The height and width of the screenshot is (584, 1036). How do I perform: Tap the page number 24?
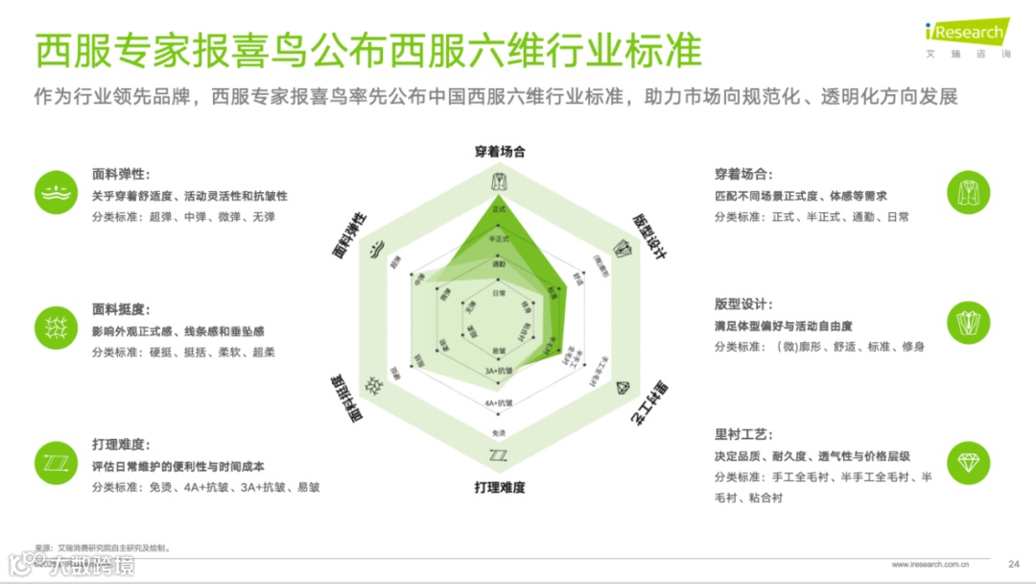(x=1013, y=563)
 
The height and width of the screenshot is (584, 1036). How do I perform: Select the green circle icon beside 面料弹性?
(x=56, y=192)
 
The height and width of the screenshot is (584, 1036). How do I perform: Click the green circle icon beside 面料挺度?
(x=56, y=327)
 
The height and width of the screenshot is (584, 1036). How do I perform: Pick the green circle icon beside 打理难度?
(x=56, y=462)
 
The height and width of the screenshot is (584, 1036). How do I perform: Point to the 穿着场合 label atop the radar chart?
(x=499, y=152)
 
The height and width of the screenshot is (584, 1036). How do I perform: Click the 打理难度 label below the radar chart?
(x=499, y=487)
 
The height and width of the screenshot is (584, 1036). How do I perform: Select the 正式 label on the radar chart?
(x=498, y=208)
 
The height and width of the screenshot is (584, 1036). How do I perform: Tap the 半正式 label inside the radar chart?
(x=498, y=238)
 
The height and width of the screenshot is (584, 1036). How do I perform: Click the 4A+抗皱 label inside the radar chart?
(x=498, y=401)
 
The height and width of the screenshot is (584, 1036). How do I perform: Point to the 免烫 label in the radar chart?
(x=498, y=432)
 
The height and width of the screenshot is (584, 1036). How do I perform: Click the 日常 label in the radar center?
(x=498, y=292)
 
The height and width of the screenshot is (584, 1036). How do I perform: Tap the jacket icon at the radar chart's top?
(x=498, y=180)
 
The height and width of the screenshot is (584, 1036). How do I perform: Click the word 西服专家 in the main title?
(x=104, y=51)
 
